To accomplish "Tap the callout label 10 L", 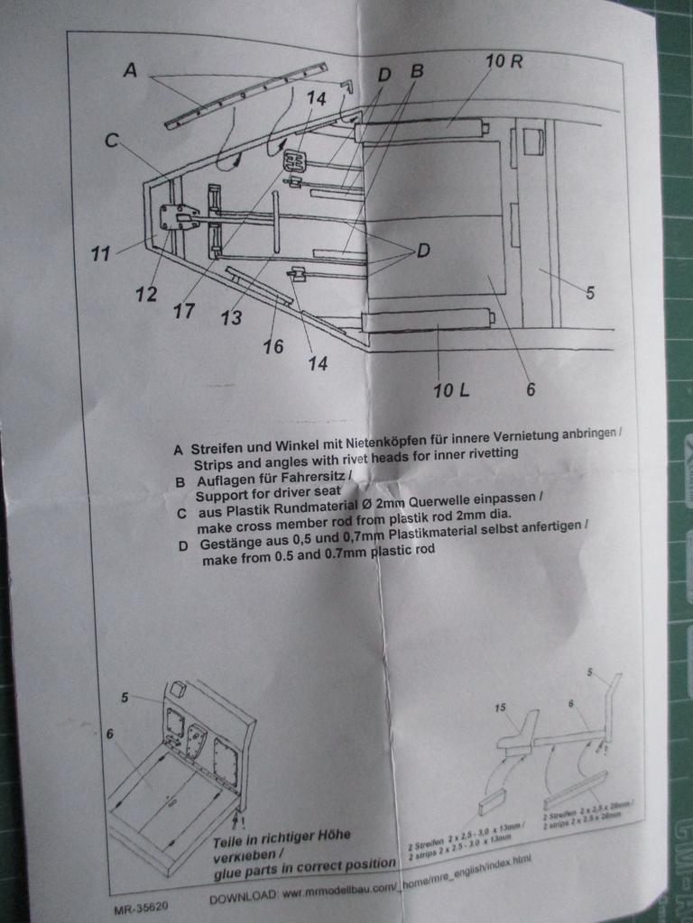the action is tap(451, 390).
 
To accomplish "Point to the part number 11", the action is tap(100, 254).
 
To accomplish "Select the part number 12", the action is tap(146, 294).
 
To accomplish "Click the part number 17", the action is tap(184, 311).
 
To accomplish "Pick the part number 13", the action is tap(231, 317).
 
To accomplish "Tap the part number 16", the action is tap(273, 346).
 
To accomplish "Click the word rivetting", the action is tap(485, 452).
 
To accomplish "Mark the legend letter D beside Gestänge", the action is tap(183, 546).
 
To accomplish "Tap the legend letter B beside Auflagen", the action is tap(180, 482).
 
